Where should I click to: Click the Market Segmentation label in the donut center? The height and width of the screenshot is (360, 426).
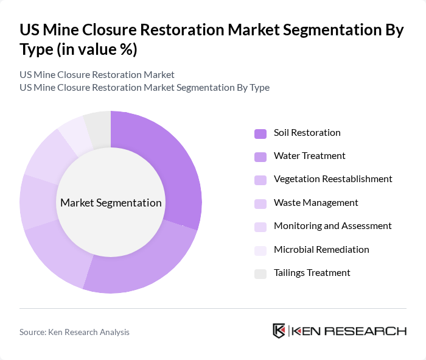(x=111, y=203)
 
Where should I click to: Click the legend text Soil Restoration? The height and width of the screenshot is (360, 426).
(x=307, y=133)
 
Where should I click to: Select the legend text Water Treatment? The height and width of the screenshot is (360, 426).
(x=309, y=156)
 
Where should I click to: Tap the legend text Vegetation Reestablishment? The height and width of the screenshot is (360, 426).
(x=333, y=179)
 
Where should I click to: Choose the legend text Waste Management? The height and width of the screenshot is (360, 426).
(x=316, y=203)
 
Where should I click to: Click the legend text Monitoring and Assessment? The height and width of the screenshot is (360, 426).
(x=332, y=226)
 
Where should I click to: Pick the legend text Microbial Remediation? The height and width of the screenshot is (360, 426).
(x=321, y=250)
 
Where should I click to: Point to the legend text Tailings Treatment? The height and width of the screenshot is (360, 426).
(x=312, y=273)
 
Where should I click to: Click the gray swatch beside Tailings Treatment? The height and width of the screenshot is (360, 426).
(x=260, y=274)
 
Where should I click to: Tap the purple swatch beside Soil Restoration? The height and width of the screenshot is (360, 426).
(x=260, y=133)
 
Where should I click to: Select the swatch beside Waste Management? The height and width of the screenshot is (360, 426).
(x=260, y=203)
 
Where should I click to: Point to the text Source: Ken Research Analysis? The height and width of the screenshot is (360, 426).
(x=74, y=332)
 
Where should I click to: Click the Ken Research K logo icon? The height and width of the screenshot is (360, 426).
(x=279, y=331)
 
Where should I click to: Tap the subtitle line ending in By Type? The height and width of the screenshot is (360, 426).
(x=144, y=87)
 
